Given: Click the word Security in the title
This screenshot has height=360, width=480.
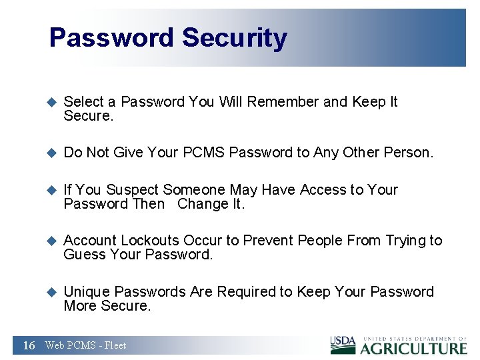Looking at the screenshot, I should [234, 39].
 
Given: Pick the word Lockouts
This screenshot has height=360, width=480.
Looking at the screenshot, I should [151, 241].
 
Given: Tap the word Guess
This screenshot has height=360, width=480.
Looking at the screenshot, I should [83, 255].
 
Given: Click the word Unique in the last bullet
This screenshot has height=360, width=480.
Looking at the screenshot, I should [86, 292].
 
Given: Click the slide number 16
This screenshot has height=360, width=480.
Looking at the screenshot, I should [29, 345].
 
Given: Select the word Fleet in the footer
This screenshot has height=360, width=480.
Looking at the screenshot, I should [115, 345].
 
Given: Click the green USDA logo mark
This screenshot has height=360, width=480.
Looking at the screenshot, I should [343, 343].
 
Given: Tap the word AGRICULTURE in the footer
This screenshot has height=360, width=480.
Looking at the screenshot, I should [413, 348].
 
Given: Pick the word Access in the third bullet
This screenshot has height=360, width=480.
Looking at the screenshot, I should [321, 190].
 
